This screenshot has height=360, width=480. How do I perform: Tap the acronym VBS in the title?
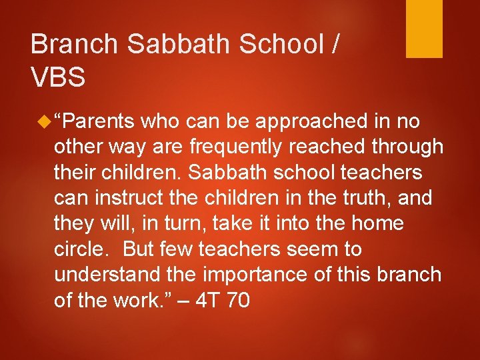pyautogui.click(x=58, y=78)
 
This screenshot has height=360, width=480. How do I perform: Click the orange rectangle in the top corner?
pyautogui.click(x=425, y=29)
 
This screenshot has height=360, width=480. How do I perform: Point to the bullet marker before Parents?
pyautogui.click(x=44, y=121)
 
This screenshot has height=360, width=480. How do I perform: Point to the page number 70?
pyautogui.click(x=238, y=300)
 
